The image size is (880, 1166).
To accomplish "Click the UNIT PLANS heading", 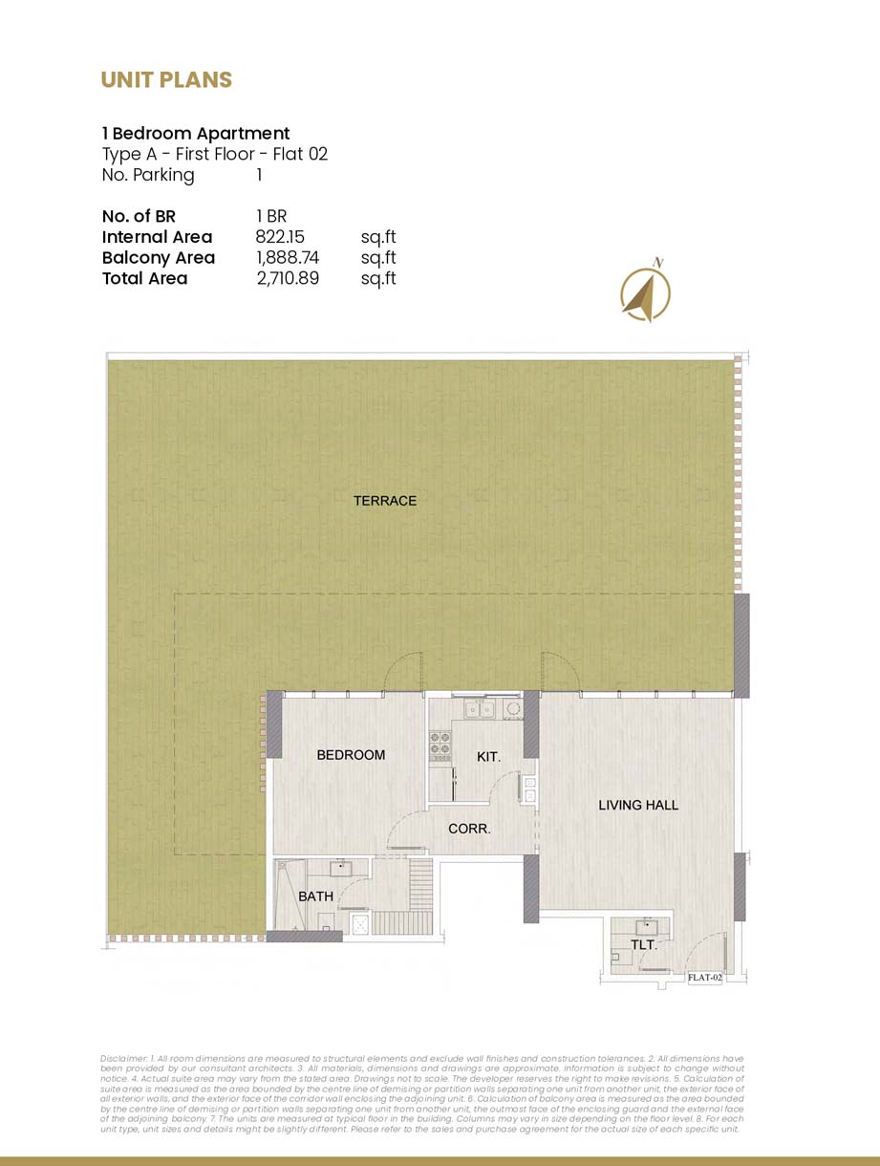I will (166, 80).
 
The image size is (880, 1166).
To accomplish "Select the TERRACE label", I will (385, 501).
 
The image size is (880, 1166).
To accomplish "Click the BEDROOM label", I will (351, 755).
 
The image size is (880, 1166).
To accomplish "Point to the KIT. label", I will (488, 757).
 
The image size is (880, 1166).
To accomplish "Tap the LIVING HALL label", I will (638, 805).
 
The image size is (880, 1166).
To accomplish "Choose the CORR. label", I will (469, 829).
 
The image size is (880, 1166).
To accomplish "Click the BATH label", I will (315, 896).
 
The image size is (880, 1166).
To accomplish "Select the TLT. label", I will (643, 945).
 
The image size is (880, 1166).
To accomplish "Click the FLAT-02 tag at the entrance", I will (705, 978).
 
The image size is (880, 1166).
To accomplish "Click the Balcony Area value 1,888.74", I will (287, 258).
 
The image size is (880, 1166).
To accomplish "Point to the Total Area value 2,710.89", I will (287, 279).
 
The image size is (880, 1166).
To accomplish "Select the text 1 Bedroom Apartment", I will (196, 134).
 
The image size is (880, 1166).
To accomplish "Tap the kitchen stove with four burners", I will (440, 745).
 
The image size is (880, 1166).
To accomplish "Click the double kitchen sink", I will (479, 709).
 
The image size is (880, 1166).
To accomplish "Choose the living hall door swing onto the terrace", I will (560, 671).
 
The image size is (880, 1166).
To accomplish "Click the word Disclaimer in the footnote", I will (122, 1060).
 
